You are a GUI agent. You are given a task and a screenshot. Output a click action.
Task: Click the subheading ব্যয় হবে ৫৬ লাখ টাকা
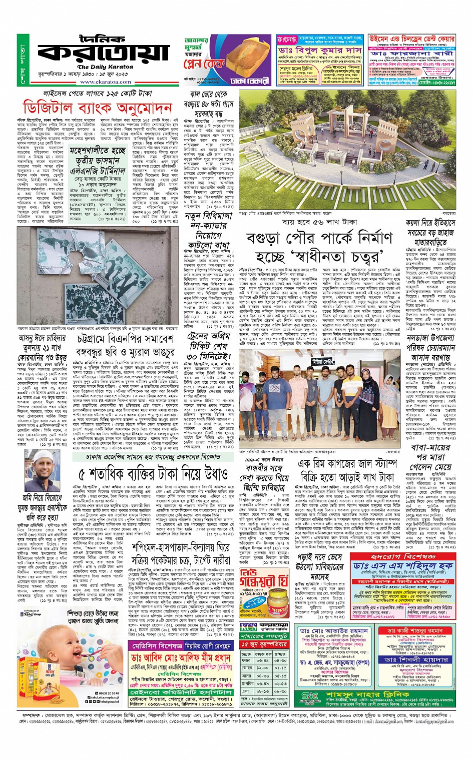[x=319, y=222]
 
